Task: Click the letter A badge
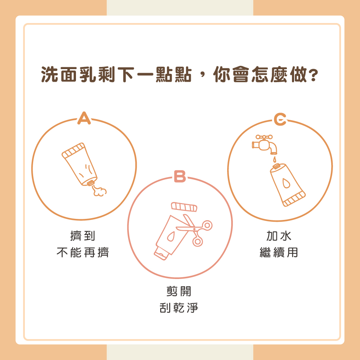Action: [x=84, y=118]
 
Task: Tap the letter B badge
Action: [x=180, y=176]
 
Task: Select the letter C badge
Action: [x=280, y=120]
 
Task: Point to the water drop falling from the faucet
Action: [x=274, y=159]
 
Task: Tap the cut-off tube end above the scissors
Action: [x=184, y=207]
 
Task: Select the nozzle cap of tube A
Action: [x=91, y=183]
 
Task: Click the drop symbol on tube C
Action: [x=286, y=183]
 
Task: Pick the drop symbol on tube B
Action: [x=171, y=237]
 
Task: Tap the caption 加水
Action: [x=279, y=236]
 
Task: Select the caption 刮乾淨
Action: [x=179, y=308]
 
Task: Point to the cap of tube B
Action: [x=161, y=253]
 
